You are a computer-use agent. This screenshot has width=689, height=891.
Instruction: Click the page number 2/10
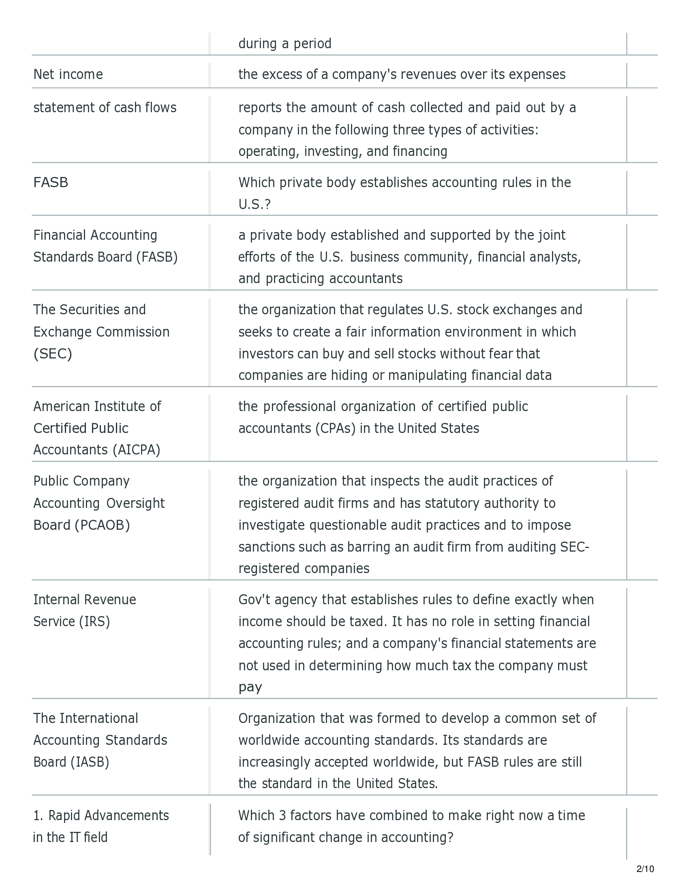(645, 869)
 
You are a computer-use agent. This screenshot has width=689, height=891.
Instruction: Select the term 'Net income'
(68, 74)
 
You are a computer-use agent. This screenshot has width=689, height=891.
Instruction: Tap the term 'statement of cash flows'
(105, 108)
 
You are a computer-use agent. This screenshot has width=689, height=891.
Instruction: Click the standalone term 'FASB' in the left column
(51, 182)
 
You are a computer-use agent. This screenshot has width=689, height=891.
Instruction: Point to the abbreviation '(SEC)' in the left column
(53, 354)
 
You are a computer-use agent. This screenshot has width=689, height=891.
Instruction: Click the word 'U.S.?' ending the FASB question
(254, 205)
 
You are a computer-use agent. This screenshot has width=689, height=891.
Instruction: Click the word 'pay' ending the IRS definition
(250, 687)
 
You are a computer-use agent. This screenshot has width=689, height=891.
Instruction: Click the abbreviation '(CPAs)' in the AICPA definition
(336, 428)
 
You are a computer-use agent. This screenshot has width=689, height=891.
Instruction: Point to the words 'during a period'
(285, 44)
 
